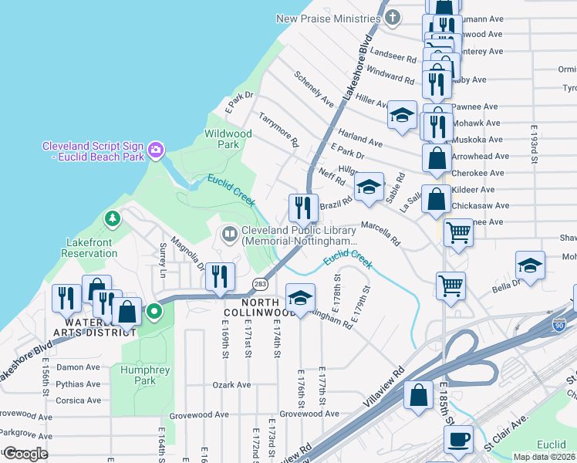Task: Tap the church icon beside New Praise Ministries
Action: click(x=393, y=17)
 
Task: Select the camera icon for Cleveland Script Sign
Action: click(x=157, y=149)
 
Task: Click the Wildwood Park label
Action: click(x=228, y=139)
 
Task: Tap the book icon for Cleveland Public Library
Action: click(x=229, y=233)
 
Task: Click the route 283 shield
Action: click(x=261, y=283)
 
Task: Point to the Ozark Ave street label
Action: click(x=232, y=384)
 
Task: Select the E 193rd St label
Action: click(x=533, y=146)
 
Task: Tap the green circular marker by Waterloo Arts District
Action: click(x=154, y=313)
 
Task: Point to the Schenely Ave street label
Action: click(x=313, y=89)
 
